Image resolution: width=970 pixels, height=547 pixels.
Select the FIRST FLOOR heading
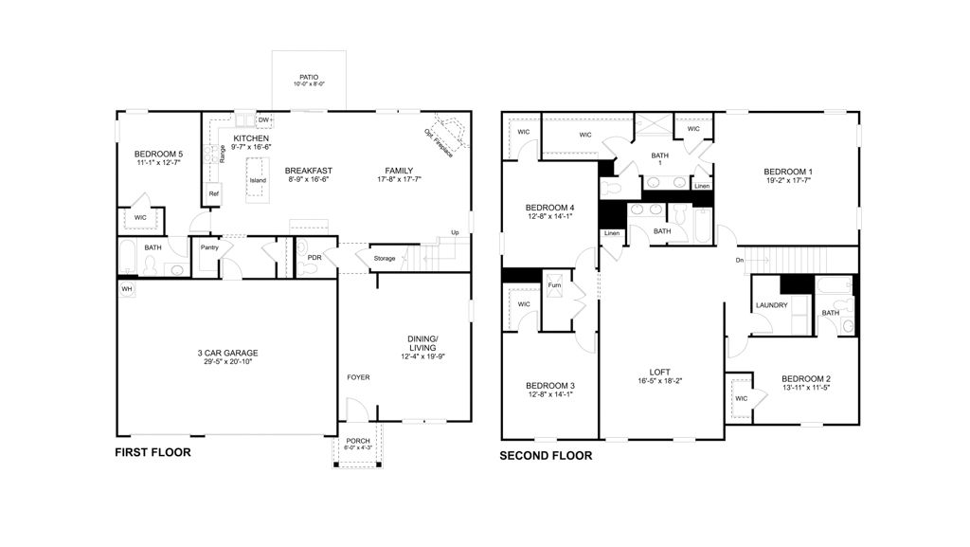pos(153,452)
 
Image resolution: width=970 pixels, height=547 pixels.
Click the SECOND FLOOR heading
pos(546,455)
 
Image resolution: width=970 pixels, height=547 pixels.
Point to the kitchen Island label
pos(258,180)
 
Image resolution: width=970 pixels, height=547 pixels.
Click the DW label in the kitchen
pos(263,120)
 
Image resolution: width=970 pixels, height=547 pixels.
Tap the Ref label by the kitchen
pos(214,193)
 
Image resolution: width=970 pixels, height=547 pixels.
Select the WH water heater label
pos(126,287)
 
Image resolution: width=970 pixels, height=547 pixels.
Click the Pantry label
pos(209,247)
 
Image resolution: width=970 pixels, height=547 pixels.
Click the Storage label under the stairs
pos(384,258)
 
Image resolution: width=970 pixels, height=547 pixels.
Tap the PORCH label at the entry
pos(358,440)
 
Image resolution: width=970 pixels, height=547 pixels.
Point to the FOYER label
pos(357,377)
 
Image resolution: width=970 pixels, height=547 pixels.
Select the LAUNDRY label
pos(772,304)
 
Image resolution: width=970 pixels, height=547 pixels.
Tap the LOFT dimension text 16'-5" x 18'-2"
pos(659,381)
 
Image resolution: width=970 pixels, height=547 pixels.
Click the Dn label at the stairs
pos(739,260)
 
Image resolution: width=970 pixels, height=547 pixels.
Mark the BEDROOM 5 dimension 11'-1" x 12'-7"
pos(158,162)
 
